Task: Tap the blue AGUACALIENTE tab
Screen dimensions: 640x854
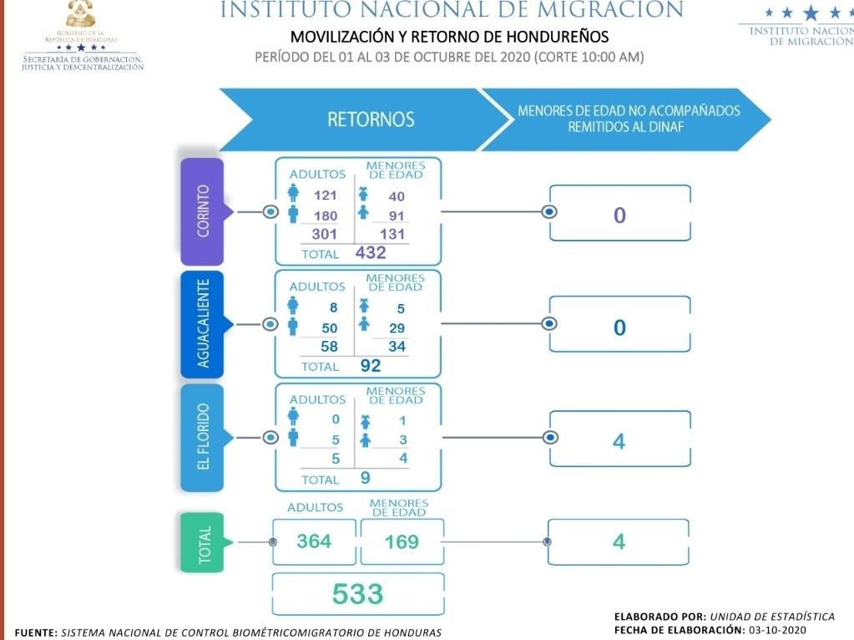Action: [x=202, y=324]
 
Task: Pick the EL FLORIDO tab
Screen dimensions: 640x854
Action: [x=202, y=437]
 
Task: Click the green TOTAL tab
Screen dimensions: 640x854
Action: [x=202, y=542]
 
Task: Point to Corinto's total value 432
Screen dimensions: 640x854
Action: [x=371, y=252]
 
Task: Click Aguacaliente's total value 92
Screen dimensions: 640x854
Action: [x=370, y=365]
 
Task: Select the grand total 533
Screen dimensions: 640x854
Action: [x=357, y=594]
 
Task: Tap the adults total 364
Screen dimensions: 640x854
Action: [x=314, y=541]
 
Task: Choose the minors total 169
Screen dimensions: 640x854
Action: [x=401, y=541]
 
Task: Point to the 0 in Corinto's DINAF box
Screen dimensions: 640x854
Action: [x=619, y=215]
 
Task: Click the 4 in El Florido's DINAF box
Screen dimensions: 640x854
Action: [x=619, y=440]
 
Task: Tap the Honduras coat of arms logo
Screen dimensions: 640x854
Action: [x=80, y=15]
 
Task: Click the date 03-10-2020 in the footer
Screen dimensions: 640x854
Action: [x=780, y=629]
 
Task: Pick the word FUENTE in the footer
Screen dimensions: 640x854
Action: [x=33, y=632]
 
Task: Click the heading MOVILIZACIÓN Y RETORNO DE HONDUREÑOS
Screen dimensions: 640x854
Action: [x=449, y=38]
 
